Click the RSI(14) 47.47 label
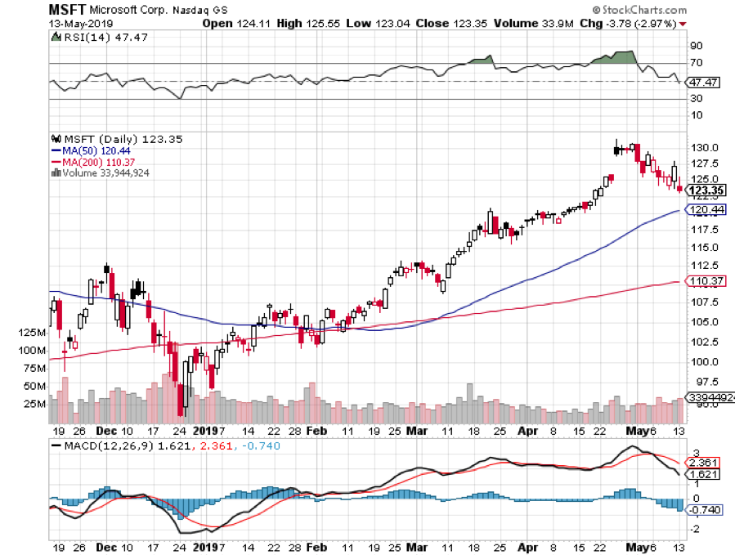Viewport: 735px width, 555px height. click(93, 37)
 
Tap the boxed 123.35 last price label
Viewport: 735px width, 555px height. click(704, 191)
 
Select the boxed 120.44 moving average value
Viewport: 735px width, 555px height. click(704, 210)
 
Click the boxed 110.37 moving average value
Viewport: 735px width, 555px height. click(704, 281)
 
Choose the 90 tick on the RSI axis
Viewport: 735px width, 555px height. click(697, 46)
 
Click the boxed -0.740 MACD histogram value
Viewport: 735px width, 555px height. click(704, 510)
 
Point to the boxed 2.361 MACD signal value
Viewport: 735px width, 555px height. click(704, 463)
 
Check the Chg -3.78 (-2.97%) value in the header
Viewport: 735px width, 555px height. click(632, 23)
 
